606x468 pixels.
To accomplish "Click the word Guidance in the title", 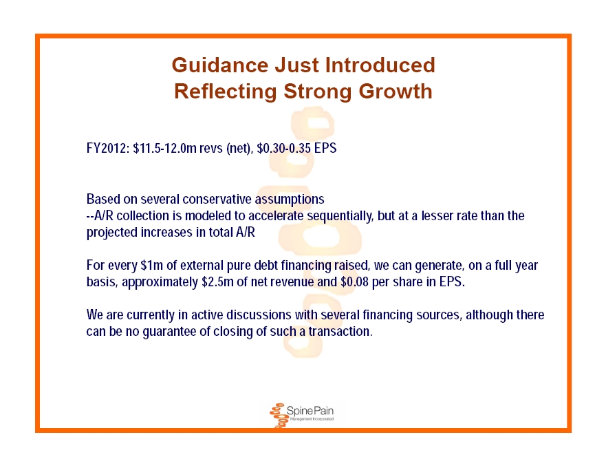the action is (x=220, y=65).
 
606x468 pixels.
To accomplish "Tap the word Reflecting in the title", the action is (x=226, y=92).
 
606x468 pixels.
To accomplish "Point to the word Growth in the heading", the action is (x=396, y=92).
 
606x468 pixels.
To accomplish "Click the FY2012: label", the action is (x=108, y=148).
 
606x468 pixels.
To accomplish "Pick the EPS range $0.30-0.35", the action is (x=283, y=148).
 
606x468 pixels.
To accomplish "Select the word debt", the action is (x=266, y=266).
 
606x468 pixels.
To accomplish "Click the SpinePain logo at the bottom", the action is (x=301, y=414).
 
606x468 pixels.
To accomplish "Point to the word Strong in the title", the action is (x=317, y=92).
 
